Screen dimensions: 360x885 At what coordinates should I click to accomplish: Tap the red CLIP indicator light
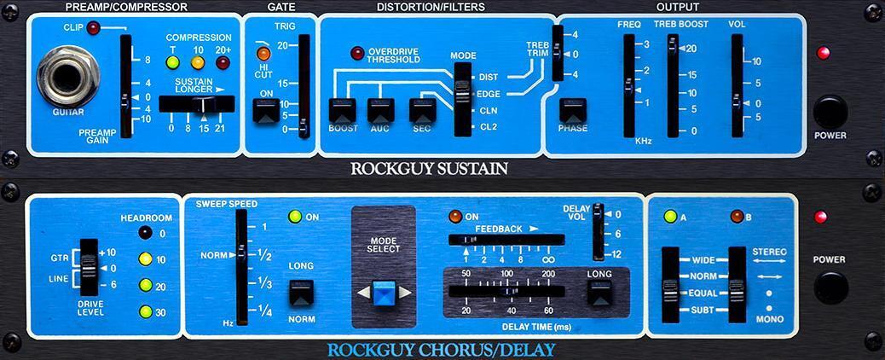point(92,29)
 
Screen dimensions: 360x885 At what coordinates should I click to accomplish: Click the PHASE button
point(573,111)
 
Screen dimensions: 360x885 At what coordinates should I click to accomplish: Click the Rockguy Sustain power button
point(830,112)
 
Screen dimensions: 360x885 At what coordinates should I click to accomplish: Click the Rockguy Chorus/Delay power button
point(830,287)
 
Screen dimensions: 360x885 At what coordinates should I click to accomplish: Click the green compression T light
point(172,61)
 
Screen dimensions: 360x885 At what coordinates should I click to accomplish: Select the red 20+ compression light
point(223,61)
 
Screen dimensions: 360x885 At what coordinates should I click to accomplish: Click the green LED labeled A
point(670,217)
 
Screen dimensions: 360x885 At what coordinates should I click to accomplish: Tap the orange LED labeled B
point(737,217)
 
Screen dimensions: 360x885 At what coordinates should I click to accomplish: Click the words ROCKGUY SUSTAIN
point(429,169)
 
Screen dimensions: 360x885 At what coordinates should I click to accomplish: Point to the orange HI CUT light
point(263,55)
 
